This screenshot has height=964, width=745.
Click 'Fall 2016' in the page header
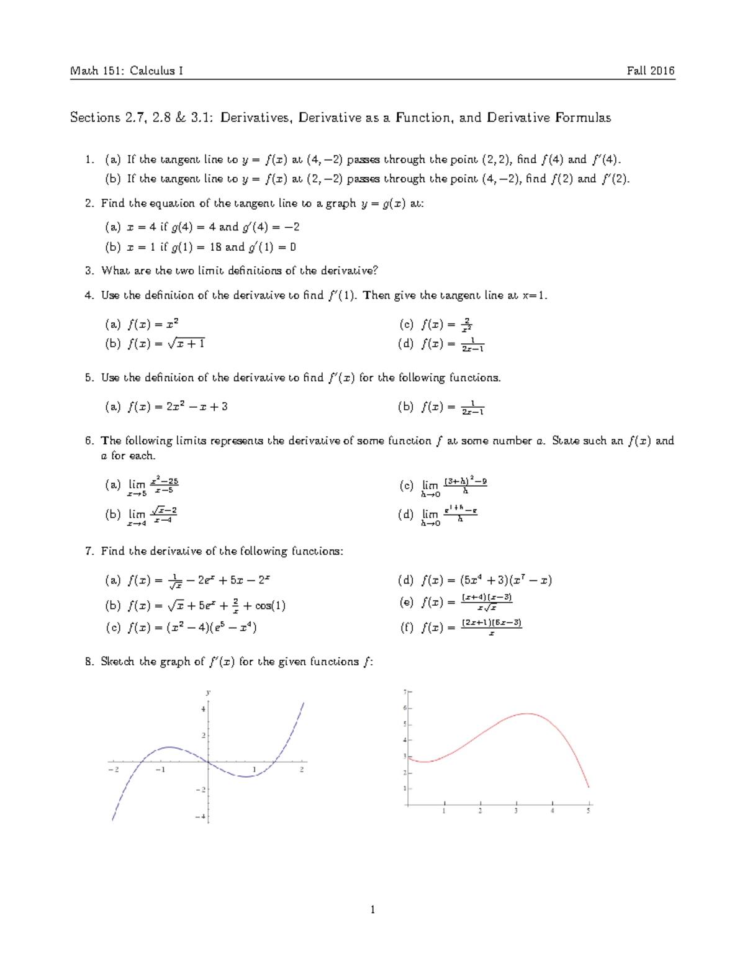[x=650, y=71]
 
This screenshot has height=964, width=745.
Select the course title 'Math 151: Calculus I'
[x=126, y=71]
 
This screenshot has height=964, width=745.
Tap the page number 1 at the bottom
[x=372, y=910]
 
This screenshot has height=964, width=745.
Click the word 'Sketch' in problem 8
[x=117, y=662]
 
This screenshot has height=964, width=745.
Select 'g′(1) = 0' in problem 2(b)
[x=272, y=247]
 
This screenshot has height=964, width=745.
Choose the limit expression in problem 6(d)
[x=449, y=515]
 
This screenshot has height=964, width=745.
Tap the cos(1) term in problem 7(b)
[x=270, y=606]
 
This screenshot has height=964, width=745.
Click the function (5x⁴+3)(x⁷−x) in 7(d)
[x=505, y=580]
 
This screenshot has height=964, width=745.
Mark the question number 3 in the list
[x=89, y=271]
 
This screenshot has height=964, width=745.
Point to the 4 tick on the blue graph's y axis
[x=202, y=709]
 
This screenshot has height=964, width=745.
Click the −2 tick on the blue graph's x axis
[x=113, y=770]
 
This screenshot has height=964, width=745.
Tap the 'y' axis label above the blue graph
[x=208, y=692]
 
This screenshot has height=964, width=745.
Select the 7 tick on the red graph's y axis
[x=405, y=691]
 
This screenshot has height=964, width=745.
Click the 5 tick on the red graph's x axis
[x=589, y=811]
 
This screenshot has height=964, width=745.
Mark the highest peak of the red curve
[x=528, y=714]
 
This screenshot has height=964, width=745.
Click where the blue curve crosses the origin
[x=208, y=761]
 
